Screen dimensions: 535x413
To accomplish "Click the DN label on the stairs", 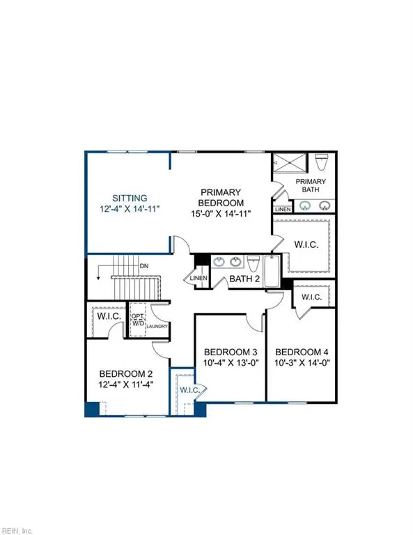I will tap(143, 265).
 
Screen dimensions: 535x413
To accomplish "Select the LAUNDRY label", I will tap(159, 325).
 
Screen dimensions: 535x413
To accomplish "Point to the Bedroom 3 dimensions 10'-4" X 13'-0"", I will tap(229, 362).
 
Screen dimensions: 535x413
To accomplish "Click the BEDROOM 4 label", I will tap(302, 352).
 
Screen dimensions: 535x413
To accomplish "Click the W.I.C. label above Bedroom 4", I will tap(311, 297).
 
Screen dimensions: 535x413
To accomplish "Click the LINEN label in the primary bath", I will tap(283, 209).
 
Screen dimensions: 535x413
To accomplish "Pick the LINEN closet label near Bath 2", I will tap(196, 279).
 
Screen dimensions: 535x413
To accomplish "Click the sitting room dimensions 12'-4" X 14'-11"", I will tap(125, 208).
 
